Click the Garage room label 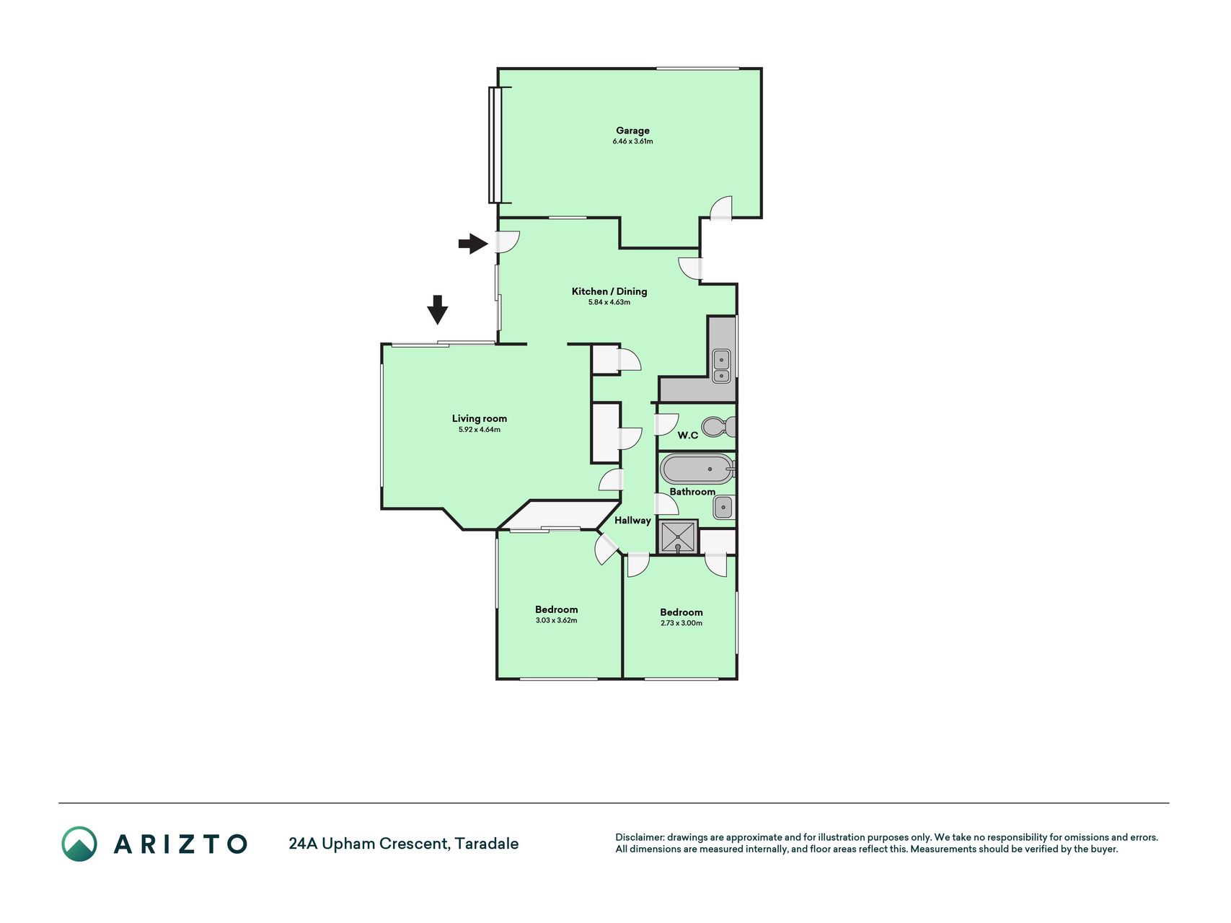click(632, 131)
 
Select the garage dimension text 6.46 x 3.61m click(632, 141)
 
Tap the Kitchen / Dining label click(609, 291)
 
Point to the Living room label click(480, 418)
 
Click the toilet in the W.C click(718, 427)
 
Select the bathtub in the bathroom click(697, 469)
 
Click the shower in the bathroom click(679, 537)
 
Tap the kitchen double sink click(721, 366)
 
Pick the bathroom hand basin click(723, 508)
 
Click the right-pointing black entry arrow click(473, 244)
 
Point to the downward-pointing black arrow click(437, 309)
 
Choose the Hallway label click(632, 520)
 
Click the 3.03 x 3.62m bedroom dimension click(556, 620)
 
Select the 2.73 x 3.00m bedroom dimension click(681, 623)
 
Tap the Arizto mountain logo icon click(79, 844)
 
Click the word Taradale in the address click(487, 843)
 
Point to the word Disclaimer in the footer click(639, 837)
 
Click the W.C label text click(688, 436)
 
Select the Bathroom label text click(692, 492)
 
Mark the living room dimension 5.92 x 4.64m click(480, 430)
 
